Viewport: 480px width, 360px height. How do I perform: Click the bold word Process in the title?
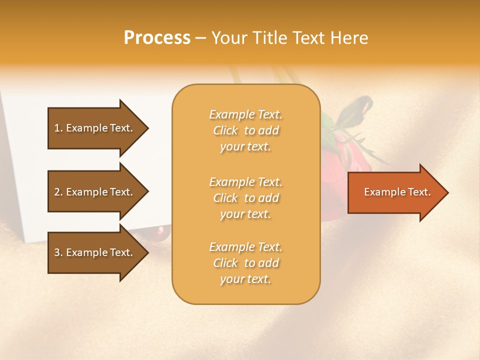[157, 37]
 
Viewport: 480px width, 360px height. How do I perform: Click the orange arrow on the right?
[395, 192]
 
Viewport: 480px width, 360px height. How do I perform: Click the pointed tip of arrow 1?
[147, 128]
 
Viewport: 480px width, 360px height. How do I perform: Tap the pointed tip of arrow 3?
[147, 252]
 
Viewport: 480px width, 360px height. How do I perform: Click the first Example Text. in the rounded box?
[245, 114]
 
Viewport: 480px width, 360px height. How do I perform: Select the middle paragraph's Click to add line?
[245, 198]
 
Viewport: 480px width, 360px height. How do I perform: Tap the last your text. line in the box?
[245, 279]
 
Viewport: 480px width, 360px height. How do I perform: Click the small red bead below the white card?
[161, 230]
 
